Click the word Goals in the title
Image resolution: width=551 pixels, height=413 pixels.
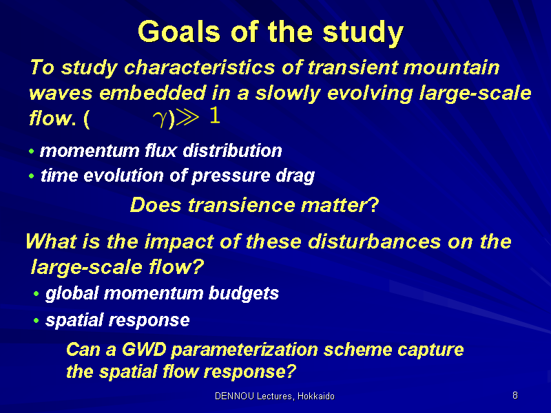tap(179, 32)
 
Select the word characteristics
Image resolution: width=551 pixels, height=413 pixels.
tap(199, 67)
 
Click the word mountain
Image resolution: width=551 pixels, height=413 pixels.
tap(451, 67)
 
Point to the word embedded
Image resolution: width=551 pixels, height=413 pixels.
tap(152, 93)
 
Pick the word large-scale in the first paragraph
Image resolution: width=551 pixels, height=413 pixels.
tap(475, 94)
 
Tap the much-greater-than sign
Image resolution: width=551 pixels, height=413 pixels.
tap(187, 117)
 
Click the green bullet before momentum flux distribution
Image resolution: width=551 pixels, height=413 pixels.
tap(32, 151)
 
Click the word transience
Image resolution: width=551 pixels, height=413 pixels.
tap(242, 204)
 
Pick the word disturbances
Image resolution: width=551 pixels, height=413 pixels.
tap(375, 242)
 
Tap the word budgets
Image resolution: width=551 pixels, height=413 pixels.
tap(244, 293)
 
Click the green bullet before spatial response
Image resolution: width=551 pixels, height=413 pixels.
tap(37, 320)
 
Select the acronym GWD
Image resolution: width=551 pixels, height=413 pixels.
tap(144, 350)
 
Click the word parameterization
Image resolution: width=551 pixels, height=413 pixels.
tap(245, 350)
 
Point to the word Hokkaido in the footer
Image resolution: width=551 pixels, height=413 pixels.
tap(316, 396)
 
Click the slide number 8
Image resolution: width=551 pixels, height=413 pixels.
tap(514, 395)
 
